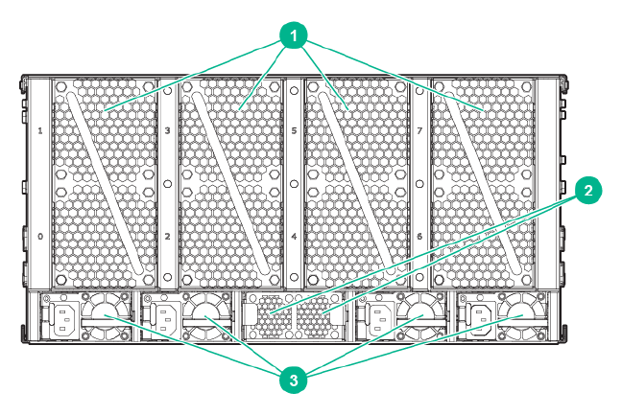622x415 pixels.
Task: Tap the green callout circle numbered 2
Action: pos(587,191)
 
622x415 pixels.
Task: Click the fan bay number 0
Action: pos(39,236)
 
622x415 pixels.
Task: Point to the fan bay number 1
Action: pos(39,128)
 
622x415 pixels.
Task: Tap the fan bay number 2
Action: pos(167,236)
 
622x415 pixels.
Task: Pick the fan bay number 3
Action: pos(167,128)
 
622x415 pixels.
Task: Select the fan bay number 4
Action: pos(294,236)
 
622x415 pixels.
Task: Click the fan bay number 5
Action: pos(294,128)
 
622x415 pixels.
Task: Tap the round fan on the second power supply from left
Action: pos(204,315)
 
